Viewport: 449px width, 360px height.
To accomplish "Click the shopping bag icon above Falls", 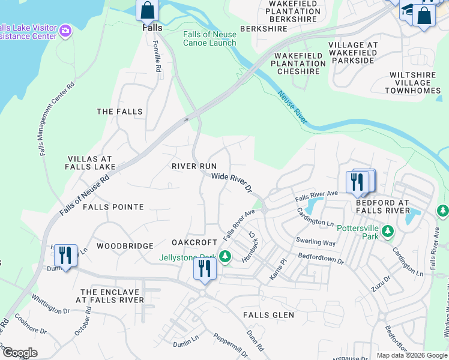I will pos(148,11).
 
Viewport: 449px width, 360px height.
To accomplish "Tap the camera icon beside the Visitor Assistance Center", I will pos(65,31).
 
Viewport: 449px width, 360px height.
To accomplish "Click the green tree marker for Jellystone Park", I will pos(224,257).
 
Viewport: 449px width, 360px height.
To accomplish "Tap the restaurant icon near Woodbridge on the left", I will pos(65,256).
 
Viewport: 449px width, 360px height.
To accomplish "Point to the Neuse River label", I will pos(292,107).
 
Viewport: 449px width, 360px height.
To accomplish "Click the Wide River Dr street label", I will pos(231,182).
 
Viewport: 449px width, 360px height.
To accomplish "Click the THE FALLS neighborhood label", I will pos(120,112).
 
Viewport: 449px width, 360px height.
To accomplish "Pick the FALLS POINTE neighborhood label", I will pos(113,207).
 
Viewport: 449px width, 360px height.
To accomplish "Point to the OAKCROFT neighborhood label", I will pos(194,242).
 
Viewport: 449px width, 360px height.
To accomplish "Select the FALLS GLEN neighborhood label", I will pos(268,315).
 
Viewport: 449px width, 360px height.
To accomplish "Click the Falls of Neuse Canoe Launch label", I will pos(209,38).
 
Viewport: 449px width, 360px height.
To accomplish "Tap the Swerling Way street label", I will pos(315,242).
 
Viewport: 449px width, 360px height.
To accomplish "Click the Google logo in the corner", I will pos(20,353).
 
